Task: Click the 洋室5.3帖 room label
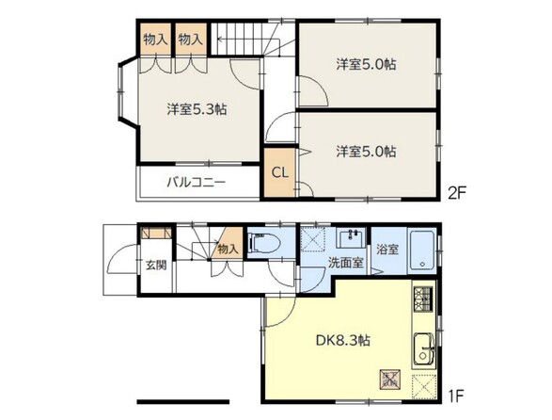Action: click(197, 109)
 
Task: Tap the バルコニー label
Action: click(196, 183)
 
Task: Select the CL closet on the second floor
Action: click(280, 172)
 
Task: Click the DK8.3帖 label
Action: click(342, 340)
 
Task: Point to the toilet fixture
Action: click(264, 243)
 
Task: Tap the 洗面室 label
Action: click(345, 263)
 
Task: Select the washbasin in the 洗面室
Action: click(351, 238)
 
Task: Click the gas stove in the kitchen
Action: click(423, 299)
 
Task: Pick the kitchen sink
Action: click(424, 349)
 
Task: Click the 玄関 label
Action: click(156, 266)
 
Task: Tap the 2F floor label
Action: click(457, 193)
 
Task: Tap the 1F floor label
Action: click(455, 396)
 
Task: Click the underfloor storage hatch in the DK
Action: click(390, 380)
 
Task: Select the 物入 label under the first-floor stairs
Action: click(229, 250)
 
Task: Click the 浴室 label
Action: click(387, 250)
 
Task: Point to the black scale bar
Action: click(183, 402)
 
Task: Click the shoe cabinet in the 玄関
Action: click(156, 234)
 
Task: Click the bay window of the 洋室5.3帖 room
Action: click(121, 91)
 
